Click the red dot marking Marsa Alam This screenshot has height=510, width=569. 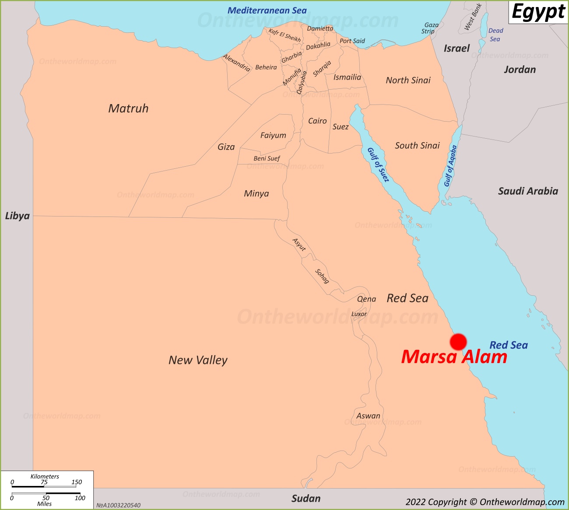coord(458,342)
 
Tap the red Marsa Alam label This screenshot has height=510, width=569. coord(454,357)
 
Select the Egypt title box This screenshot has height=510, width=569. coord(538,12)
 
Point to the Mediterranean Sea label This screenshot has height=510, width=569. coord(267,10)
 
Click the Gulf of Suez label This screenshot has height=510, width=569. coord(378,165)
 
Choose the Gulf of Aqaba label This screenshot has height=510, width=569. coord(450,166)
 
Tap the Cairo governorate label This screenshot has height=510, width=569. coord(317,121)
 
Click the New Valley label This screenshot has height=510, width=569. coord(198,360)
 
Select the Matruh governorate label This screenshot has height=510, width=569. coord(128,108)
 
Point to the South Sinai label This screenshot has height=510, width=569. coord(417,146)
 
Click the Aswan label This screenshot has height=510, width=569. coord(368,416)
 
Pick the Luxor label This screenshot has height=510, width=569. coord(359,314)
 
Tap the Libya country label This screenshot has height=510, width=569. coord(18,216)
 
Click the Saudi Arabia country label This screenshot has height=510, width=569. coord(528,191)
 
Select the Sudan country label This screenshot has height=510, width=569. coord(306,499)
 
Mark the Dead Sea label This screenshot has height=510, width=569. coord(495,35)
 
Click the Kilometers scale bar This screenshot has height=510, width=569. coord(44,486)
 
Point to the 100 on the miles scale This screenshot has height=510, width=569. coord(80,498)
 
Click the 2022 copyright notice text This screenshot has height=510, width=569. coord(485,502)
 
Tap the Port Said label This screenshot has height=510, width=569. coord(352,41)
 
